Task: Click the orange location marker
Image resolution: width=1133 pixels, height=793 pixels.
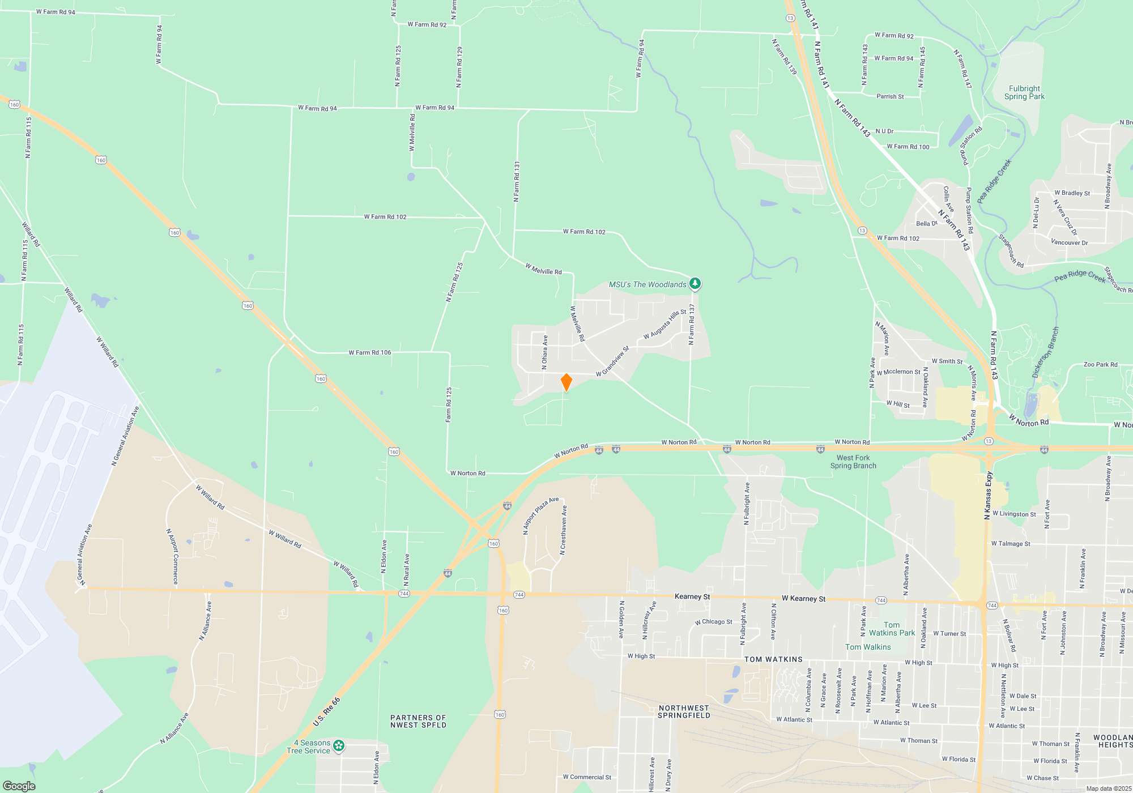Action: click(566, 382)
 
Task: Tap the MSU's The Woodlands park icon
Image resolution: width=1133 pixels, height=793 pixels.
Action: click(695, 284)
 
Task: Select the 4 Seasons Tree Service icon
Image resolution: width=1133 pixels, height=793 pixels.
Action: click(339, 746)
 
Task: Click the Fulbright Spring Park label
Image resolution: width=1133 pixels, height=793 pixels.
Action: click(1024, 92)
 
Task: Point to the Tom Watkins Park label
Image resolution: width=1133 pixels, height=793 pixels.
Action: click(892, 629)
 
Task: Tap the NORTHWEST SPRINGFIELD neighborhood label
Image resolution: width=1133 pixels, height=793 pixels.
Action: click(684, 711)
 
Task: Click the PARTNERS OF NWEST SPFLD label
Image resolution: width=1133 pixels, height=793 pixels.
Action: click(418, 721)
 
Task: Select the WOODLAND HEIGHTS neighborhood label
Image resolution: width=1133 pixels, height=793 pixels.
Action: click(1113, 741)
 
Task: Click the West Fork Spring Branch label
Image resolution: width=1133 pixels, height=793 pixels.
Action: click(853, 462)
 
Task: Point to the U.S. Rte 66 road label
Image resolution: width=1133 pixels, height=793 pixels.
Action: click(327, 711)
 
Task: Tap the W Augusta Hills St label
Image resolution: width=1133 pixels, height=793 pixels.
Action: click(665, 325)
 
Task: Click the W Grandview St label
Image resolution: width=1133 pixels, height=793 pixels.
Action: click(612, 361)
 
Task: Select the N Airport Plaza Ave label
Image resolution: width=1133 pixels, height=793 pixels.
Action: click(540, 515)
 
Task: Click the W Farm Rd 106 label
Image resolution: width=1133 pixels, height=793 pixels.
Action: click(369, 352)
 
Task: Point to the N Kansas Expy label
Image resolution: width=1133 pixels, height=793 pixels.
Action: click(989, 495)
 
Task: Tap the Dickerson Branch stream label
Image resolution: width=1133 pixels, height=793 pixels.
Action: click(1045, 352)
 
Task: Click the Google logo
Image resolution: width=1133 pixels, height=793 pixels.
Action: click(19, 786)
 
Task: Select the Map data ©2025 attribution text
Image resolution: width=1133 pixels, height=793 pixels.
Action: click(1109, 788)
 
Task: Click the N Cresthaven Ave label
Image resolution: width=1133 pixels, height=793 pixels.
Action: click(563, 530)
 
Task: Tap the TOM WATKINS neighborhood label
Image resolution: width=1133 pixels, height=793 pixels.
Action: click(773, 659)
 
